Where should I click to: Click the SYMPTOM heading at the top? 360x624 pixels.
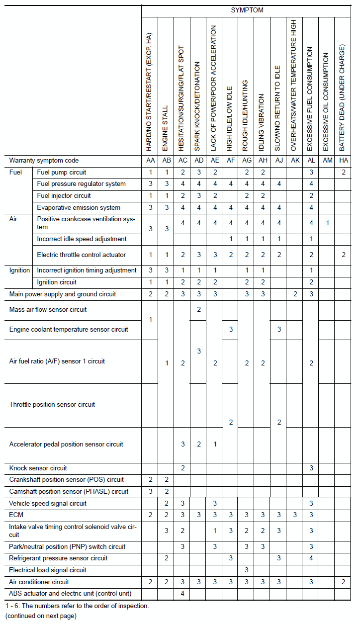pos(247,10)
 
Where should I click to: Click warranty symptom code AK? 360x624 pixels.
pos(294,161)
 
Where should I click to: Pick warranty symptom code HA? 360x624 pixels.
pos(343,161)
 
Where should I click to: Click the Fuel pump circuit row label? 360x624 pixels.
pos(62,173)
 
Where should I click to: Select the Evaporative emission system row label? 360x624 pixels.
pos(79,208)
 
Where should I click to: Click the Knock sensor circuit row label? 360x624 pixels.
pos(38,468)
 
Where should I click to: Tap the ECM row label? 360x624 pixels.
pos(16,515)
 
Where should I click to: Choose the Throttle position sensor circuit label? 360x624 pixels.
pos(52,404)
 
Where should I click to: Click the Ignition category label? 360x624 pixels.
pos(20,270)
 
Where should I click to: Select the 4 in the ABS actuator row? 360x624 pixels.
pos(182,594)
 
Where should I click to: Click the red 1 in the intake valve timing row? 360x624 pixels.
pos(215,531)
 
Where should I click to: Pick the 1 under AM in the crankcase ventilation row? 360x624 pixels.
pos(327,223)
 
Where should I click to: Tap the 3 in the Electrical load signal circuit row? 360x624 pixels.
pos(246,570)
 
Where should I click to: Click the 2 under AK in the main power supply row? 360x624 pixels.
pos(294,294)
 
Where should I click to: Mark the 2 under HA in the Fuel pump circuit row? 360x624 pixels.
pos(343,173)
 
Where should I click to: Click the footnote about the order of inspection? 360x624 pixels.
pos(77,606)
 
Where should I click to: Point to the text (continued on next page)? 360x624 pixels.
pos(41,616)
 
